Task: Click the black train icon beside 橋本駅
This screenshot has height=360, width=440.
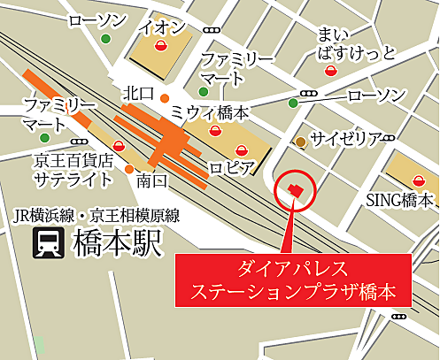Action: (46, 242)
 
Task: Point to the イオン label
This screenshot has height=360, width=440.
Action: (162, 26)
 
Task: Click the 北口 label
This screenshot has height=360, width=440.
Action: (140, 92)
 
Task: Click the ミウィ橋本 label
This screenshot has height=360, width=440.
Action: (209, 112)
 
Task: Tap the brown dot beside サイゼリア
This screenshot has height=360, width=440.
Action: (301, 142)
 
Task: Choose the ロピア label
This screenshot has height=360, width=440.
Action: (232, 167)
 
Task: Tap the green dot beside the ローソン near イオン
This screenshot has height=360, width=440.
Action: (106, 39)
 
